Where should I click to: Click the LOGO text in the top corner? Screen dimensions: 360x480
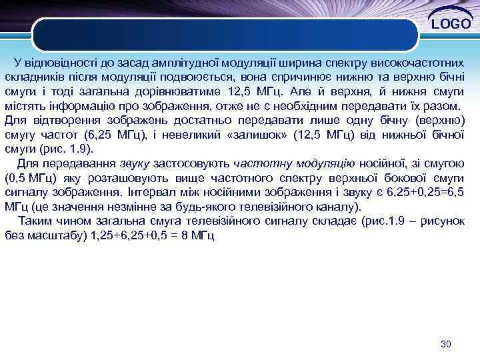click(x=451, y=25)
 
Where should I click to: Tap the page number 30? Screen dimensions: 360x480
click(x=446, y=344)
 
